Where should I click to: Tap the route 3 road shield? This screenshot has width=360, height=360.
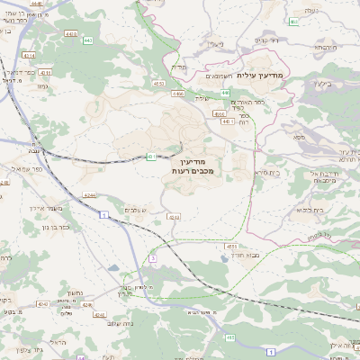pyautogui.click(x=153, y=258)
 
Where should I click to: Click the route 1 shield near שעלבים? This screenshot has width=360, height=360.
pyautogui.click(x=104, y=213)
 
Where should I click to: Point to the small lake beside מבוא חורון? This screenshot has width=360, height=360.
pyautogui.click(x=222, y=259)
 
